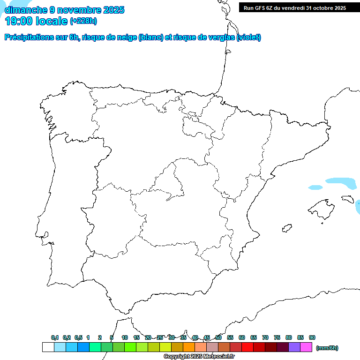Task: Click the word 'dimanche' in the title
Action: [x=26, y=10]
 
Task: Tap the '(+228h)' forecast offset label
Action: [x=83, y=21]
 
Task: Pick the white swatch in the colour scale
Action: [x=48, y=347]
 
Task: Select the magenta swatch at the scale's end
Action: [x=306, y=347]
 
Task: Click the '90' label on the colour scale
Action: [x=312, y=337]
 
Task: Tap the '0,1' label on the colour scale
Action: [x=55, y=337]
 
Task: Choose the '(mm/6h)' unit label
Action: [x=327, y=348]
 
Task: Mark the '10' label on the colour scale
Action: [x=125, y=337]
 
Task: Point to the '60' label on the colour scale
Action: [x=242, y=337]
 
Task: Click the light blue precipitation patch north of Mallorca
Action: [x=341, y=182]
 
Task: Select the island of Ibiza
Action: [x=286, y=229]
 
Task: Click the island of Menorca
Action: [x=347, y=199]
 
